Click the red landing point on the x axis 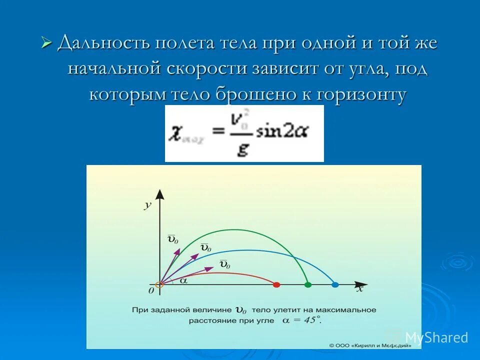[276, 284]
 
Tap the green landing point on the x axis [308, 284]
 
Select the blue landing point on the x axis [335, 284]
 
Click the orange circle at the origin [159, 285]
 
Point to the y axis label [147, 205]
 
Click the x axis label [359, 289]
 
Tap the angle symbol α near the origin [183, 281]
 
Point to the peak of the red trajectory [217, 272]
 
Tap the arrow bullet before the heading [46, 43]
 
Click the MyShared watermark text [436, 338]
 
